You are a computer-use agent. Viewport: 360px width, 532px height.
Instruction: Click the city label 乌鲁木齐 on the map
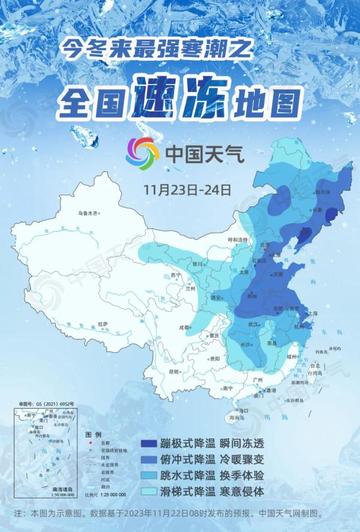64,213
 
